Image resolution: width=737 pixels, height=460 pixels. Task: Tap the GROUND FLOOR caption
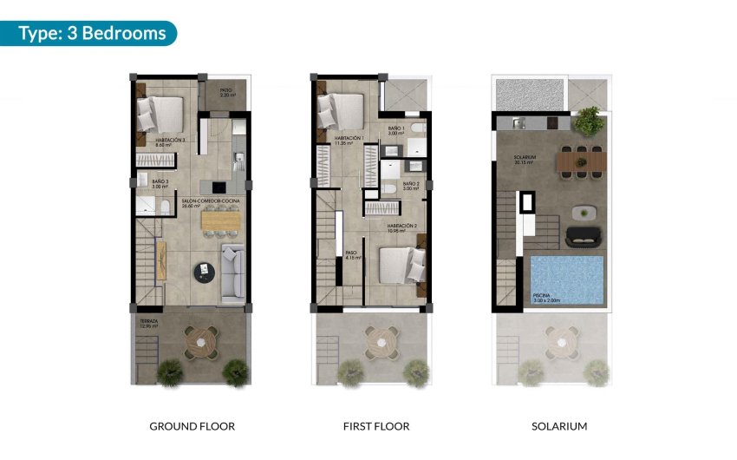[192, 426]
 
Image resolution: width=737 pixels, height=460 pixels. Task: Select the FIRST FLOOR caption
[375, 426]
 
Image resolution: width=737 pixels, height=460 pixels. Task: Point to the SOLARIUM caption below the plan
[559, 426]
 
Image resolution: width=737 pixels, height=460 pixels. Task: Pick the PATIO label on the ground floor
[225, 91]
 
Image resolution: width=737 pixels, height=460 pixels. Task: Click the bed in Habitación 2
[399, 265]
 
